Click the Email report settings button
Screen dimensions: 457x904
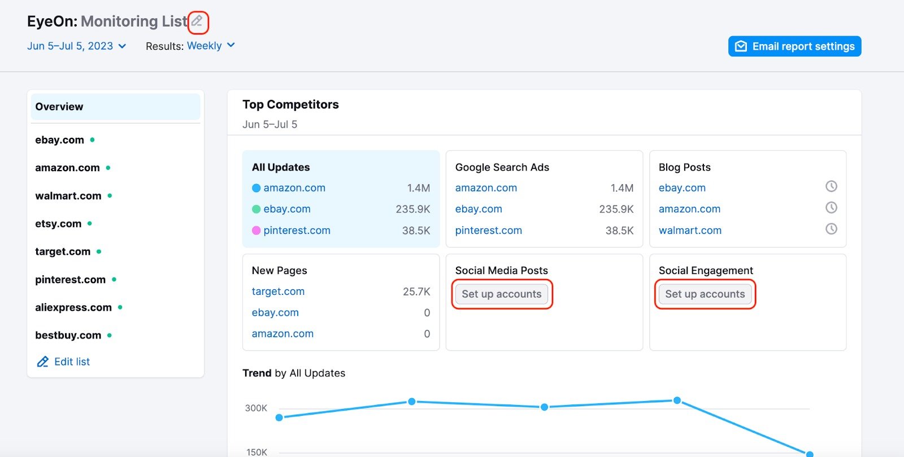[x=794, y=46]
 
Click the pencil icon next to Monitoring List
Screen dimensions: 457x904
[x=197, y=21]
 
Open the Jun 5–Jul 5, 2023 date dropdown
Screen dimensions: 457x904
[x=76, y=46]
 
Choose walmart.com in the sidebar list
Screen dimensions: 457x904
[x=68, y=196]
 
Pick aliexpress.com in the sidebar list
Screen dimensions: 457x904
[x=73, y=307]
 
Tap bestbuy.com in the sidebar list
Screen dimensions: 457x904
[x=68, y=335]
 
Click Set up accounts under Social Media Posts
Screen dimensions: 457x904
[x=502, y=294]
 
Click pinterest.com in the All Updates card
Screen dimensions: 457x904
[x=297, y=230]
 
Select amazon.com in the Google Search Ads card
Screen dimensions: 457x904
[x=486, y=188]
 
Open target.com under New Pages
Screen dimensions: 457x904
[x=278, y=291]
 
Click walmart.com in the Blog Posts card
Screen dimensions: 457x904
[x=690, y=230]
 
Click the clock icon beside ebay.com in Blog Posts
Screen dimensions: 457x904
[x=831, y=186]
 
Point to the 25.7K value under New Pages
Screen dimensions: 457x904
[x=416, y=291]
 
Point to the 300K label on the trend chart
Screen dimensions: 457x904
[x=256, y=408]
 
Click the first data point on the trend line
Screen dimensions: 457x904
[x=279, y=417]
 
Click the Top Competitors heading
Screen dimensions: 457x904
[x=290, y=105]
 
